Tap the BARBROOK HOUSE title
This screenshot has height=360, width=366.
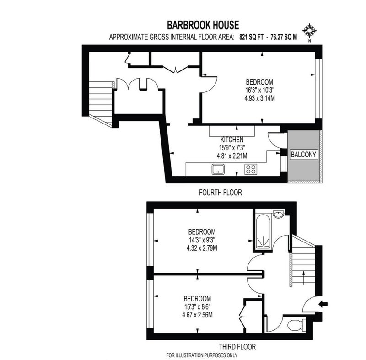(203, 25)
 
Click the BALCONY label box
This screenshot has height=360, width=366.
(303, 155)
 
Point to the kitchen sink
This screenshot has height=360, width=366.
(218, 169)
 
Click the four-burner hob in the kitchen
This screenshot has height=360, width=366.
(251, 169)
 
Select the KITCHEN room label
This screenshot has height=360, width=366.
(232, 140)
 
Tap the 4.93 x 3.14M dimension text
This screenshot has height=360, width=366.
(259, 98)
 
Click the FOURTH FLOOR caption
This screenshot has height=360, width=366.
(221, 193)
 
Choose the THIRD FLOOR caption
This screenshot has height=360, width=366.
(237, 347)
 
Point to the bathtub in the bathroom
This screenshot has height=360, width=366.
(264, 231)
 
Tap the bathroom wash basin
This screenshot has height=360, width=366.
(279, 214)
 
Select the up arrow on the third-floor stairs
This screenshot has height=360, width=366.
(303, 277)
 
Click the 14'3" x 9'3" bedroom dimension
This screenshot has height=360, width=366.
(202, 240)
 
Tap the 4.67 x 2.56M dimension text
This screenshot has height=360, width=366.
(197, 315)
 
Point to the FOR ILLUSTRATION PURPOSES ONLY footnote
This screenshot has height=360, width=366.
(202, 355)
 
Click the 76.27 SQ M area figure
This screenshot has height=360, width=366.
(284, 37)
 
